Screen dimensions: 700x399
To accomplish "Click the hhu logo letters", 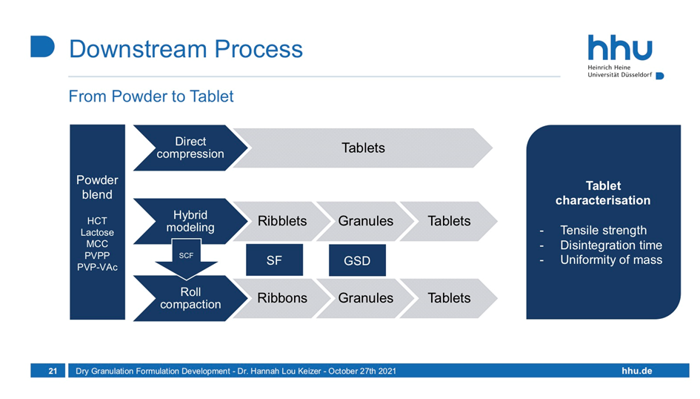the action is click(620, 47).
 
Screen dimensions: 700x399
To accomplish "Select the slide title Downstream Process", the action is click(186, 49).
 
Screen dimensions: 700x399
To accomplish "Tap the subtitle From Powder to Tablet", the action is click(151, 96).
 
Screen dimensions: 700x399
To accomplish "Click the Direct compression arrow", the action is click(190, 148).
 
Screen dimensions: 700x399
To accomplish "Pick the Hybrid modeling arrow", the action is click(190, 221).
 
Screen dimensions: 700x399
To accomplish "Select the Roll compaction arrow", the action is click(190, 298).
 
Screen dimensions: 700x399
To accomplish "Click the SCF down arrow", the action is click(186, 258).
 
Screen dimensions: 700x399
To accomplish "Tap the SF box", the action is click(274, 260).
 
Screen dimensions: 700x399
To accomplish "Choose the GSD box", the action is click(357, 260).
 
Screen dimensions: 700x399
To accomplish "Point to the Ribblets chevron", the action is click(282, 221).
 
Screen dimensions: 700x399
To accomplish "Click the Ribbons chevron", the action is click(282, 298).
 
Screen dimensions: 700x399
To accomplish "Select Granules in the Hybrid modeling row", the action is click(366, 221).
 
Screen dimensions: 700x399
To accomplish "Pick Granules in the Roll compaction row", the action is click(366, 298).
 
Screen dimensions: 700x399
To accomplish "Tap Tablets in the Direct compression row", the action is click(363, 148).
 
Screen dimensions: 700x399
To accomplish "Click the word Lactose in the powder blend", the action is click(97, 232).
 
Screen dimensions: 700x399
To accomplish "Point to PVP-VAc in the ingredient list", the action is click(97, 267).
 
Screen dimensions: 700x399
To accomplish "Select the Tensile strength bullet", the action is click(603, 230).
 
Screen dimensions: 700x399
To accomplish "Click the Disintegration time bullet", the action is click(611, 245).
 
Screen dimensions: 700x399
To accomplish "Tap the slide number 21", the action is click(53, 371).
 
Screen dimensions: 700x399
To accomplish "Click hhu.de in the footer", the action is click(637, 371).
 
